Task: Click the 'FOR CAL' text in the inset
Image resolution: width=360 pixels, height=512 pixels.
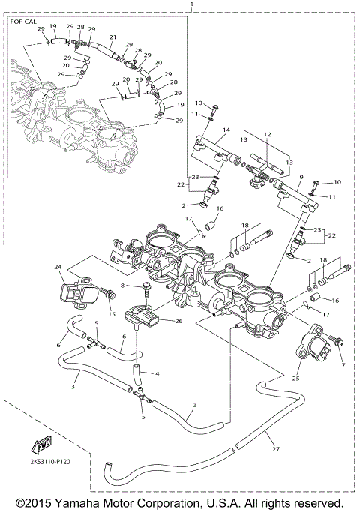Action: pyautogui.click(x=23, y=22)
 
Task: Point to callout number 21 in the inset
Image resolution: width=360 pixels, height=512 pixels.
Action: pyautogui.click(x=112, y=37)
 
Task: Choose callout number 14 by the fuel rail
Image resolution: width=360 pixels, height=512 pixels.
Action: pyautogui.click(x=224, y=130)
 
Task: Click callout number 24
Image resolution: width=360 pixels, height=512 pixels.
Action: pyautogui.click(x=57, y=266)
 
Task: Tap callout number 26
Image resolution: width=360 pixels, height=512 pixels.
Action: pyautogui.click(x=178, y=322)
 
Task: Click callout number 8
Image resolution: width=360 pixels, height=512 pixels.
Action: pyautogui.click(x=121, y=286)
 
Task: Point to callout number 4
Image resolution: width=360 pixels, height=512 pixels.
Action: pyautogui.click(x=157, y=373)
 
